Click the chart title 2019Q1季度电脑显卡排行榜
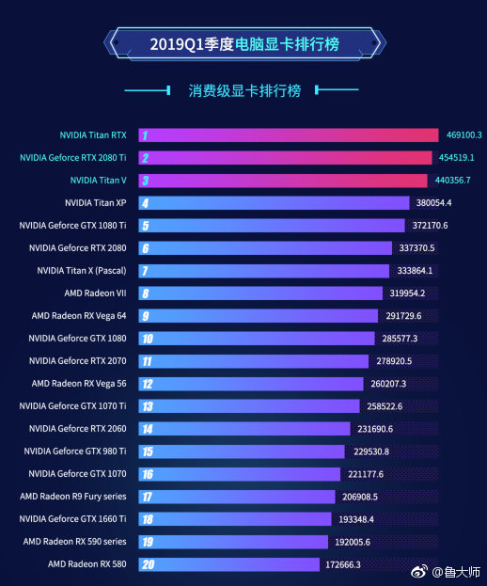pyautogui.click(x=243, y=43)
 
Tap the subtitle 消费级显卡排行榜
pyautogui.click(x=243, y=91)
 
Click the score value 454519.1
pyautogui.click(x=455, y=157)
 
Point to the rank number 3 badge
pyautogui.click(x=146, y=180)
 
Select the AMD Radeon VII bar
pyautogui.click(x=263, y=293)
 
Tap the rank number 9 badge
pyautogui.click(x=146, y=316)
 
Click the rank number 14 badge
pyautogui.click(x=147, y=429)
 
